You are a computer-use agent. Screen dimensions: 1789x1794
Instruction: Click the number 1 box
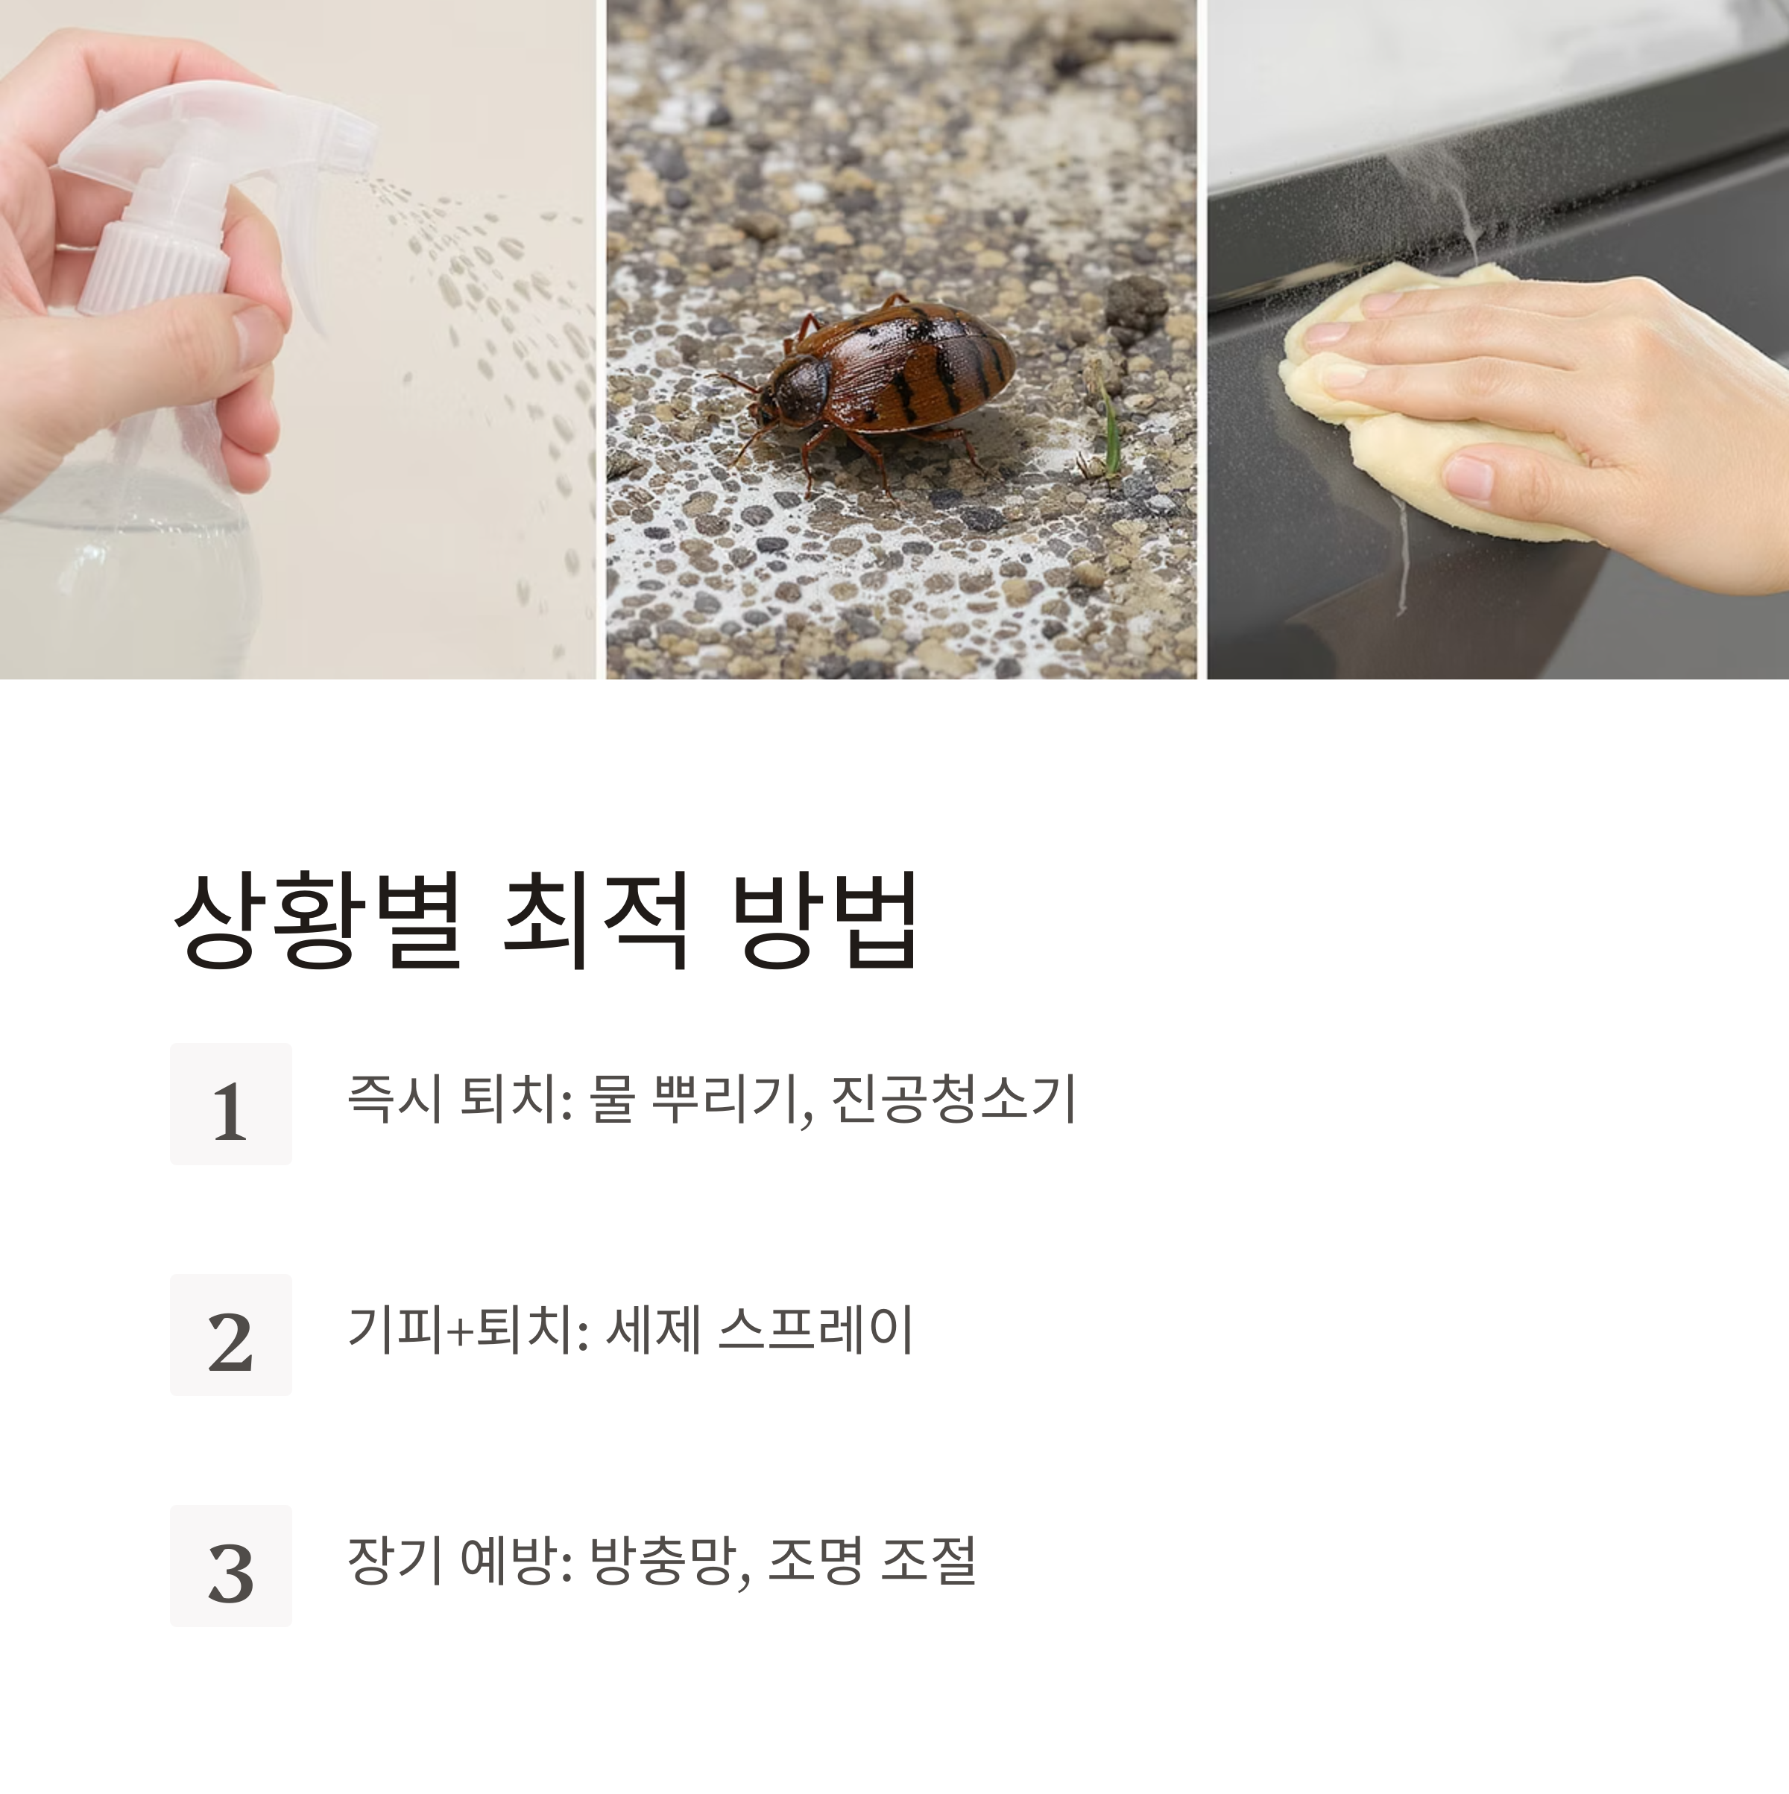pos(230,1103)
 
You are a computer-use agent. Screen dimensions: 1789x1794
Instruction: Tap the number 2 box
pos(230,1334)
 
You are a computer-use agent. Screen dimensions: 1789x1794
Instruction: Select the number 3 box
pos(230,1565)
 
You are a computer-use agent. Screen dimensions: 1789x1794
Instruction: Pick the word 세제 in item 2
pos(652,1329)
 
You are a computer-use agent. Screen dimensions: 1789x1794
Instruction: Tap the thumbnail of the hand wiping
pos(1498,339)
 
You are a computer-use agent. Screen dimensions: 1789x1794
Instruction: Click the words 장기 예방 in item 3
pos(452,1561)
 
